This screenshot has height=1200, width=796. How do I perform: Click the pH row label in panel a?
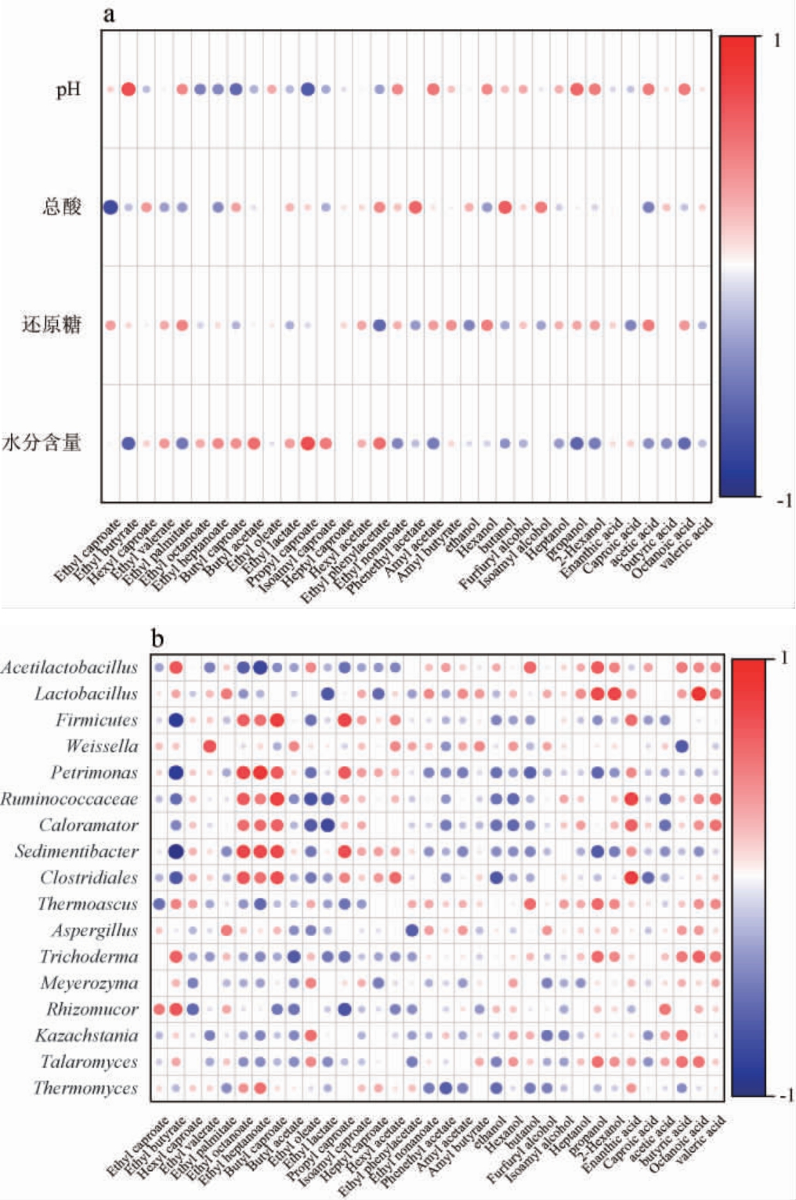coord(68,90)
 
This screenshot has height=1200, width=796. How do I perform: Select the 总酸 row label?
coord(62,207)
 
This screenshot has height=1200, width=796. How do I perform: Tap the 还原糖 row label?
coord(52,325)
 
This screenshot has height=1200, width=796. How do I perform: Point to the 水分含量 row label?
coord(42,443)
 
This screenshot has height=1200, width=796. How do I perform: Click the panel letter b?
coord(157,639)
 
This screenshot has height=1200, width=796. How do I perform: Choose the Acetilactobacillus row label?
coord(70,667)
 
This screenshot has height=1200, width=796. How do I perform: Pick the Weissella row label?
coord(102,746)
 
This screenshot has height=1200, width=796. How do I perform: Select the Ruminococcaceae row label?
coord(70,799)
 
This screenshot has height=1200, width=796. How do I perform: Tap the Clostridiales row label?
coord(89,878)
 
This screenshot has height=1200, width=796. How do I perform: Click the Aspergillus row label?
coord(95,931)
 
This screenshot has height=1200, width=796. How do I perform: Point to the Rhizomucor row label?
coord(92,1010)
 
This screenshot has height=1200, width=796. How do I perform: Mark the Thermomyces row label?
coord(85,1089)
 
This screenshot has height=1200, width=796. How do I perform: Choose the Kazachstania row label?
coord(86,1036)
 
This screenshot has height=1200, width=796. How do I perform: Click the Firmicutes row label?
coord(96,720)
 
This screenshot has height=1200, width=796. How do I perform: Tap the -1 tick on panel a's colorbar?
coord(783,501)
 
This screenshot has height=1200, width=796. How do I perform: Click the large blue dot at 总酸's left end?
coord(110,208)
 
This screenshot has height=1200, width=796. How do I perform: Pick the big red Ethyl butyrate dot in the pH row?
coord(128,89)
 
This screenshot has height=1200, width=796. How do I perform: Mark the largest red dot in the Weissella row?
coord(210,746)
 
